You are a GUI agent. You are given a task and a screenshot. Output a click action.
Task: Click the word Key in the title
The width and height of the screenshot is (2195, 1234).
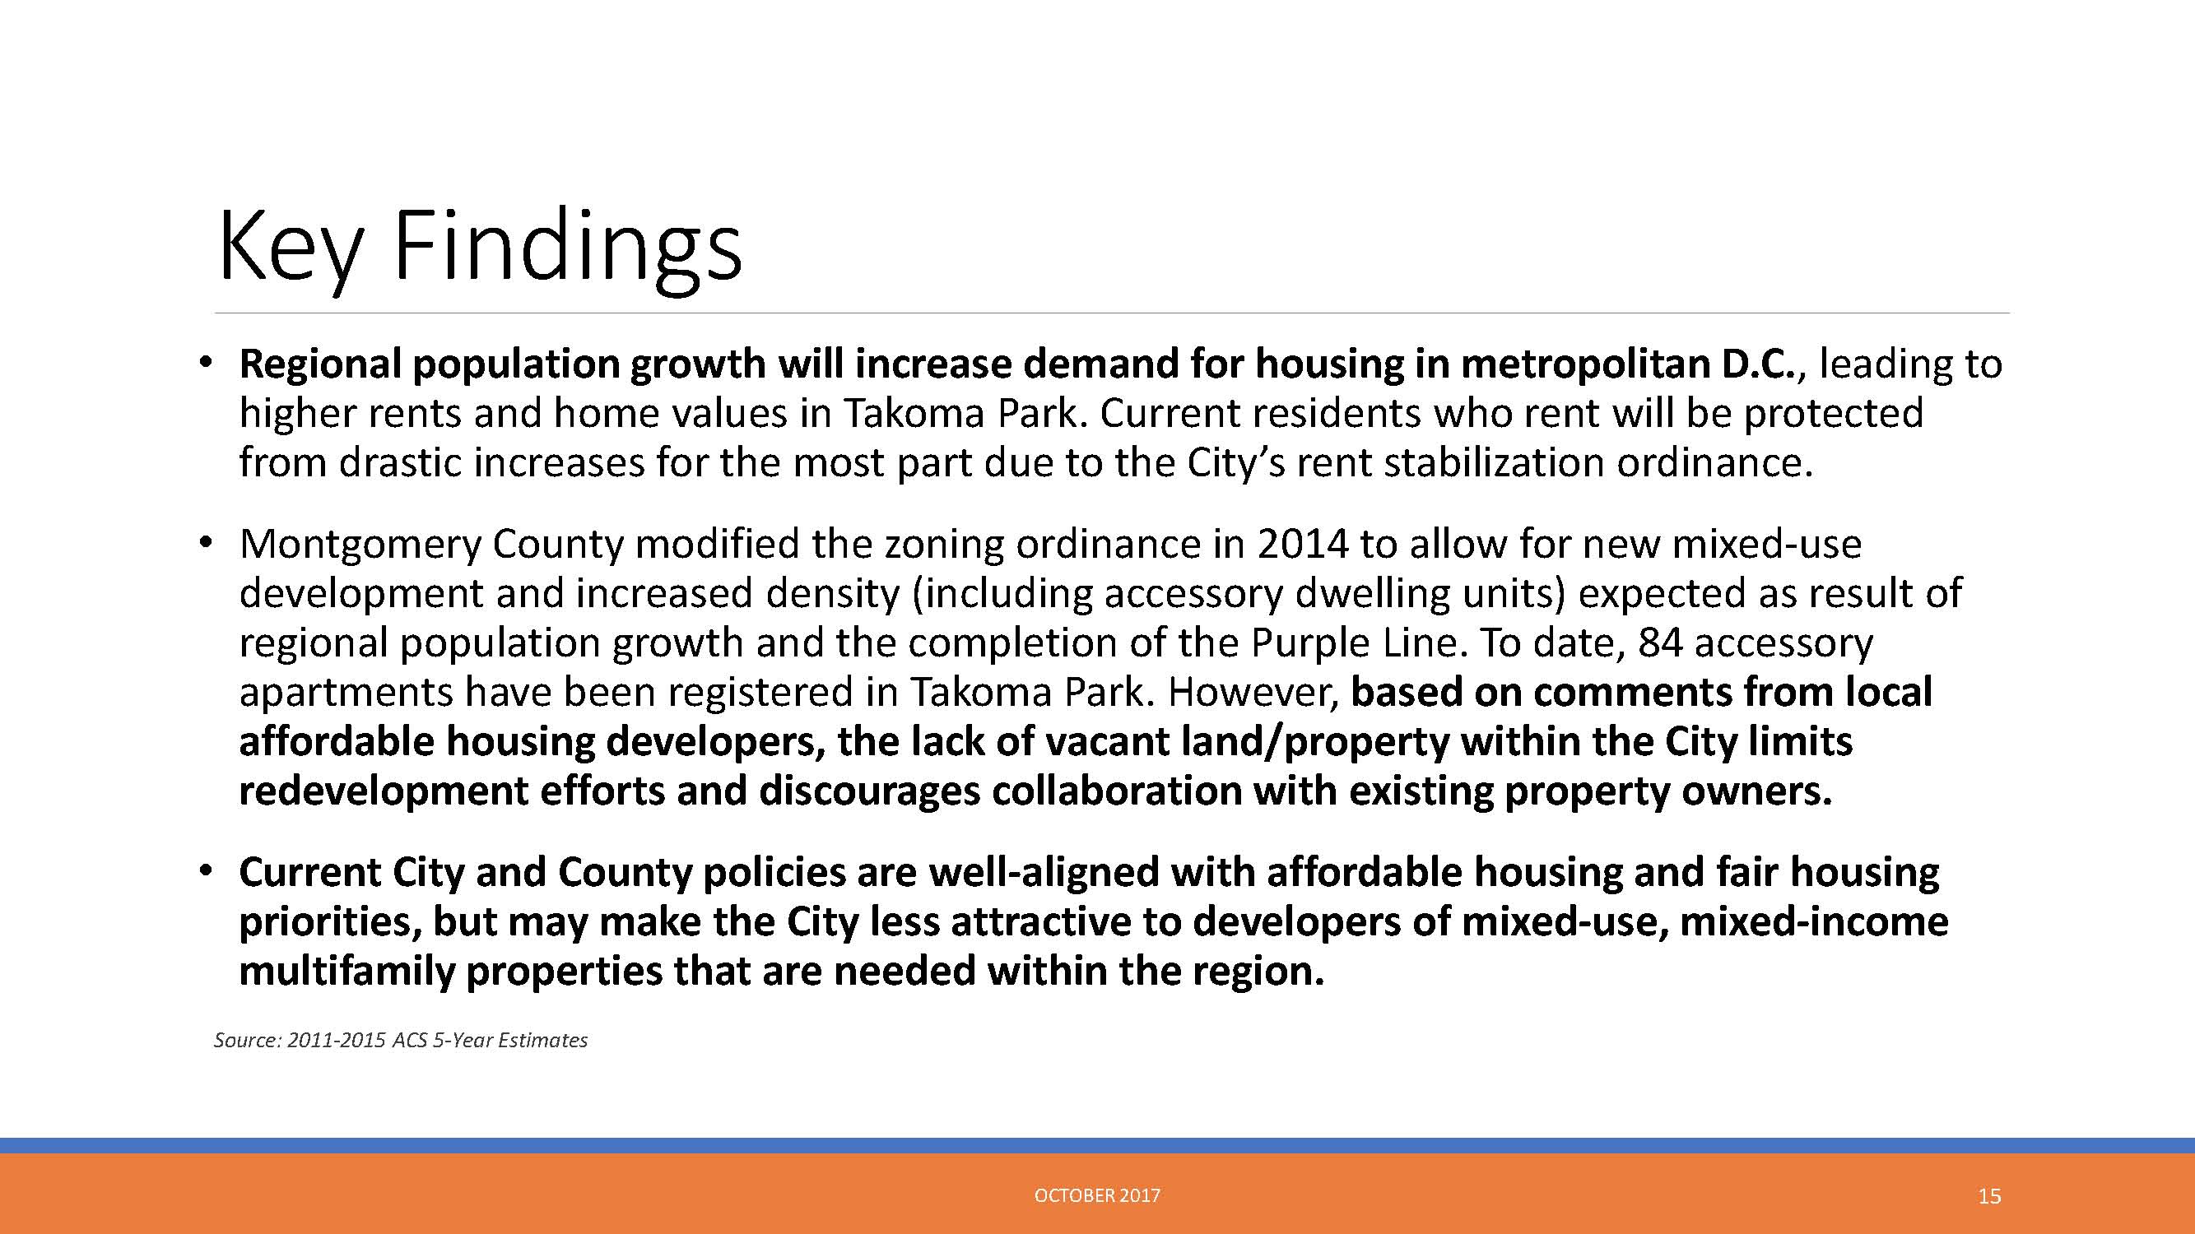(x=290, y=248)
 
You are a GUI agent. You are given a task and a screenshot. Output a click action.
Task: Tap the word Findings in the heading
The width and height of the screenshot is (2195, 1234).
(x=568, y=248)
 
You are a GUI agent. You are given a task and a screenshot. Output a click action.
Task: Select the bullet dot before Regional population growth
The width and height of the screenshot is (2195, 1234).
(x=203, y=364)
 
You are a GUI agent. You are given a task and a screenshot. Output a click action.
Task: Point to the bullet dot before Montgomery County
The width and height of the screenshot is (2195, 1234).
(x=203, y=543)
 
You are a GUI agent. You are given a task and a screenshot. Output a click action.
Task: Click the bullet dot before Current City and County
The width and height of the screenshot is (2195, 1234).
(x=203, y=872)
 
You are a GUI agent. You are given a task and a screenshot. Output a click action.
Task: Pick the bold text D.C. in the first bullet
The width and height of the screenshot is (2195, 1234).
(x=1757, y=364)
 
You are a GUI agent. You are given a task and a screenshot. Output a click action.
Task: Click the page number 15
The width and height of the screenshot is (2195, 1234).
(x=1989, y=1196)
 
